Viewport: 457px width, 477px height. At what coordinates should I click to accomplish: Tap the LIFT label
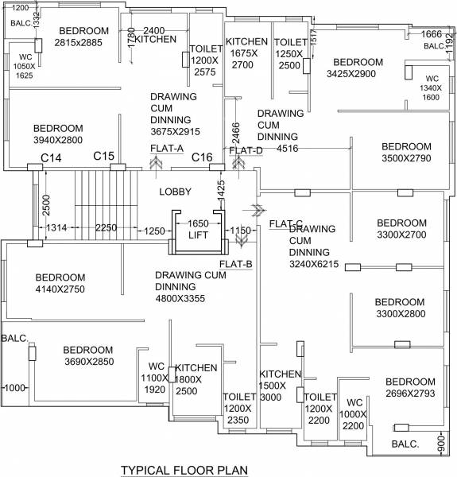[x=198, y=235]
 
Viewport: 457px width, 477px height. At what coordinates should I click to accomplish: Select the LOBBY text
[x=175, y=192]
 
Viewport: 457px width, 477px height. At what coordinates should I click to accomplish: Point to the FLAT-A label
[x=166, y=149]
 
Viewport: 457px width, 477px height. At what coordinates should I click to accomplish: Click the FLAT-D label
[x=246, y=149]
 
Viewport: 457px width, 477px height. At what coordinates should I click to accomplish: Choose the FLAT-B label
[x=236, y=263]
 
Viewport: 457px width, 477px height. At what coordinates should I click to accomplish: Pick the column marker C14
[x=52, y=158]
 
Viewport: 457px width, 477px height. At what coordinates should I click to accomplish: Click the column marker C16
[x=203, y=157]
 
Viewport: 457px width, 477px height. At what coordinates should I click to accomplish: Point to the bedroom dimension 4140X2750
[x=60, y=289]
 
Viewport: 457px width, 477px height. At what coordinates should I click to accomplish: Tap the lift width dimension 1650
[x=198, y=223]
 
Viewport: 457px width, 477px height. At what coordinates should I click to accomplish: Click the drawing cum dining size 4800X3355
[x=191, y=300]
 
